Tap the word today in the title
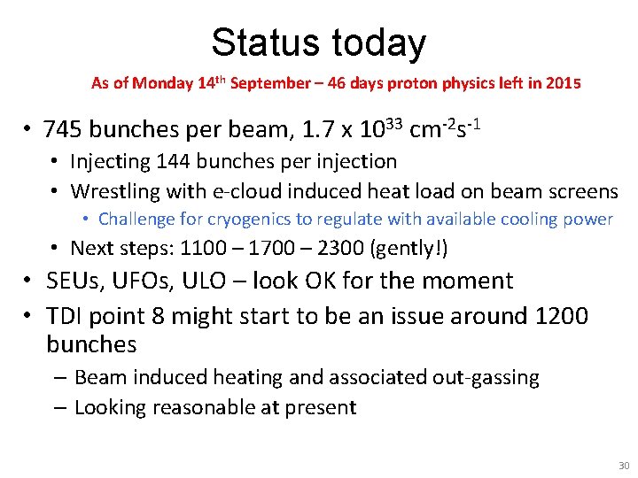378,42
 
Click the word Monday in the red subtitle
165,84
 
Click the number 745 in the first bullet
63,130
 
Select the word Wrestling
114,190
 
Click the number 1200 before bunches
556,316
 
